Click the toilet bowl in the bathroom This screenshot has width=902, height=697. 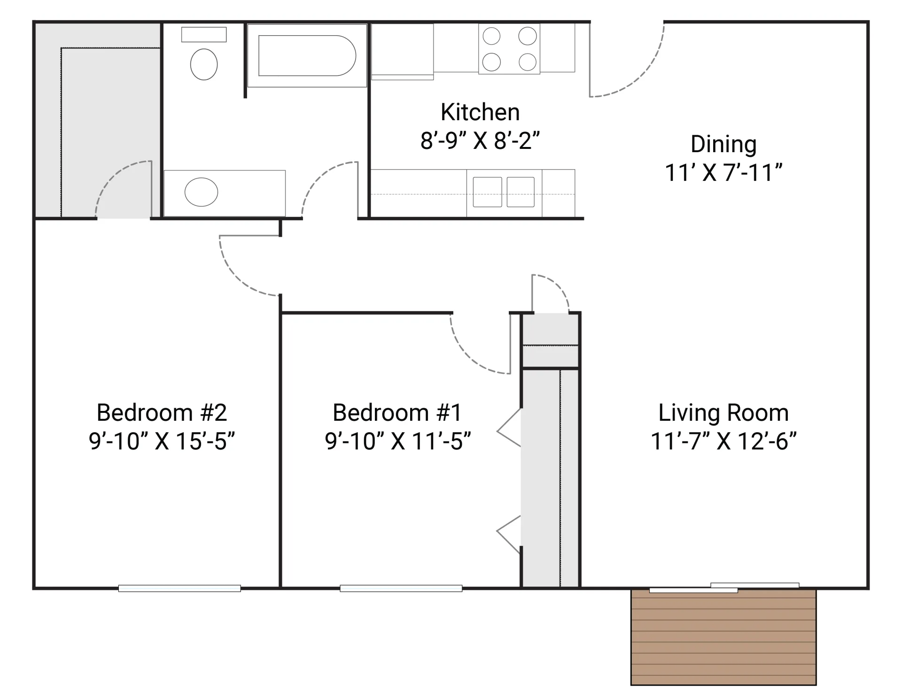(203, 64)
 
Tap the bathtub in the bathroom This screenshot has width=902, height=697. (306, 55)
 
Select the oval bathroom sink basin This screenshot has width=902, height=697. (201, 192)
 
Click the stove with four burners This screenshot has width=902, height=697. (509, 49)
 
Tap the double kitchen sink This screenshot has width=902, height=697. (504, 192)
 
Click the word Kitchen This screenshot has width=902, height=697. (480, 112)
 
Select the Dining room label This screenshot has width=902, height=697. (723, 144)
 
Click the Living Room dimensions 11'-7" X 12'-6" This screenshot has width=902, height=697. (723, 441)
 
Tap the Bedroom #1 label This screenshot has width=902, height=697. (397, 413)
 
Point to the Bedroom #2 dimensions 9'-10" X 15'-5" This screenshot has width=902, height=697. (162, 441)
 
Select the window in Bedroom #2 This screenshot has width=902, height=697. (179, 588)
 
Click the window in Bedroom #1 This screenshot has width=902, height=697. (401, 588)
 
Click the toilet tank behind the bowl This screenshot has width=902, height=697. (203, 34)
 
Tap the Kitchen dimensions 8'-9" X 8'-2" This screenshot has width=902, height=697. (480, 140)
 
